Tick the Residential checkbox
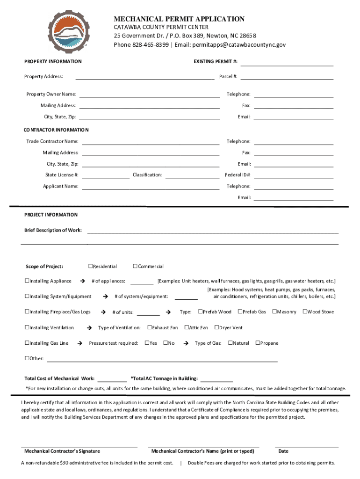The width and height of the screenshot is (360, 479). point(91,267)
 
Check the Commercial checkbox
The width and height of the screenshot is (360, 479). point(135,267)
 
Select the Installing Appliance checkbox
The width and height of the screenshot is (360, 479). point(27,281)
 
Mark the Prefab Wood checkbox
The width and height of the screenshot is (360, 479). point(201,312)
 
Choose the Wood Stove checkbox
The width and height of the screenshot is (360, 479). point(305,312)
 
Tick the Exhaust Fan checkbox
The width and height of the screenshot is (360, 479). point(150,327)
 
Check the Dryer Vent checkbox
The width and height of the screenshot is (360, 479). point(216,327)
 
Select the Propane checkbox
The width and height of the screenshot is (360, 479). point(258,343)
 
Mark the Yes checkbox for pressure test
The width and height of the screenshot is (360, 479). point(147,343)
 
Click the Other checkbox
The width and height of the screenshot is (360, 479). point(27,359)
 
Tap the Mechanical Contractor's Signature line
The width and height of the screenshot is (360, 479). point(79,446)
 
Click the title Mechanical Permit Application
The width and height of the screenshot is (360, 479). point(179,19)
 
